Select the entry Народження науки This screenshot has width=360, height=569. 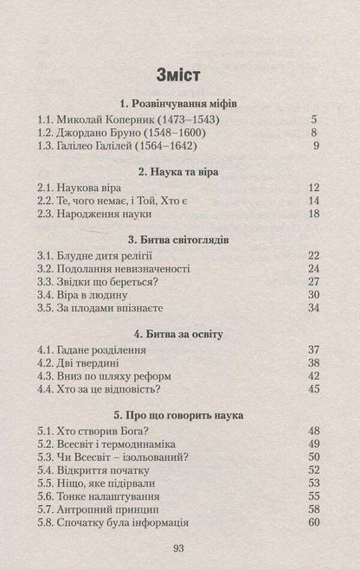[x=95, y=215]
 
